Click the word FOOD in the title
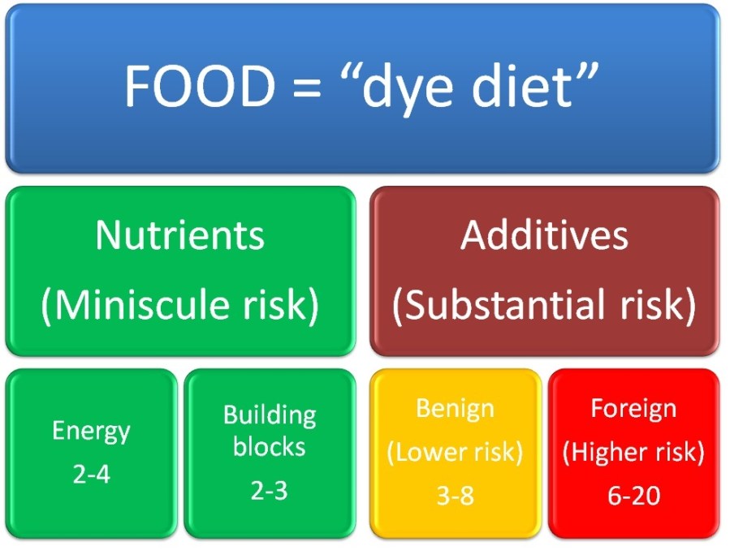tap(200, 85)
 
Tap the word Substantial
tap(505, 304)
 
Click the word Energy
tap(91, 432)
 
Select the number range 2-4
tap(92, 475)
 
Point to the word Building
tap(270, 416)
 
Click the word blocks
tap(269, 447)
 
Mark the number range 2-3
tap(269, 491)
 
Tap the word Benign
tap(455, 410)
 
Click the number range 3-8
tap(456, 496)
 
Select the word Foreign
tap(633, 410)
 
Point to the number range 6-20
tap(633, 496)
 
